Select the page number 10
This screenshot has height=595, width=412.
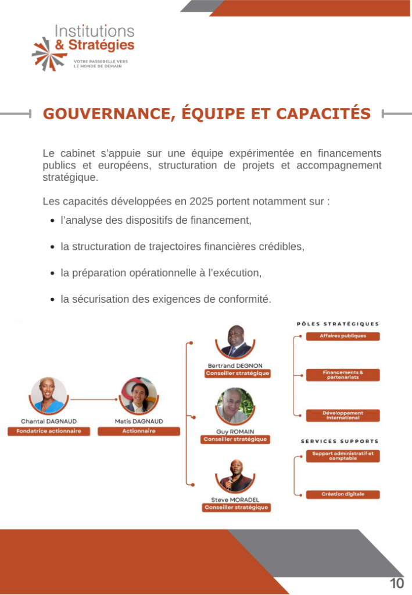pos(397,583)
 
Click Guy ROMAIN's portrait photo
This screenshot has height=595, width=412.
pos(235,406)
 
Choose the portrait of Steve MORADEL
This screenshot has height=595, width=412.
pos(235,475)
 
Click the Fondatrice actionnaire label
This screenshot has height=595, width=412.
pos(49,431)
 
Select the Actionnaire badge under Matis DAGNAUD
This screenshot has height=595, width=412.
pos(139,431)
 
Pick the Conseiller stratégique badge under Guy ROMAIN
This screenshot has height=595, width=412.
pos(235,439)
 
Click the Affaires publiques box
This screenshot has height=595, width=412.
pos(342,336)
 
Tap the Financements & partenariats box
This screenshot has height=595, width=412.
pos(342,375)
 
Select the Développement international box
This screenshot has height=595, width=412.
pos(342,415)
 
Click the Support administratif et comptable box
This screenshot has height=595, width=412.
pos(342,456)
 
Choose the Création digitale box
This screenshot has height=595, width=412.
pos(342,494)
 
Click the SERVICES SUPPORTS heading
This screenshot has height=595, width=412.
pos(339,442)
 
